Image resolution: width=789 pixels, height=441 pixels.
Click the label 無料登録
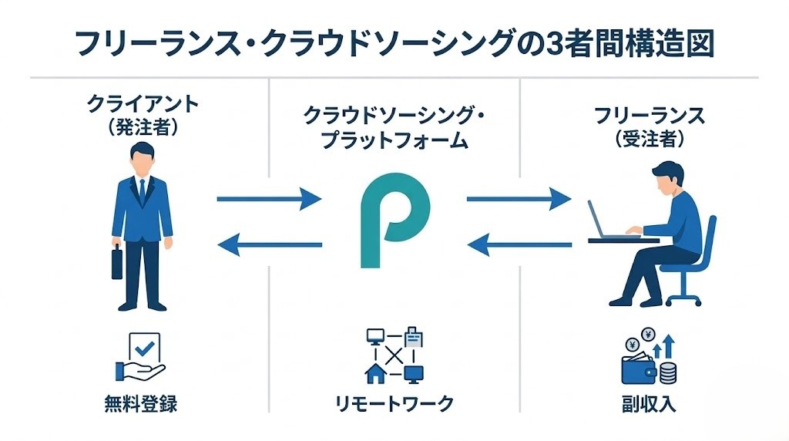140,403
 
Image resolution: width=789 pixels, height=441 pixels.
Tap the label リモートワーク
394,403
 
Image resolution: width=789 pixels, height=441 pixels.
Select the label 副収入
649,403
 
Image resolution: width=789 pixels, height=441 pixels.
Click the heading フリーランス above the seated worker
649,116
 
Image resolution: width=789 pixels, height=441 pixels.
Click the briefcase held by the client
117,264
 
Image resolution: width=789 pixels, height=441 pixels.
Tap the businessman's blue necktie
142,190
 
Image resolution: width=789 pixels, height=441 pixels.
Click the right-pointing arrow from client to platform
269,200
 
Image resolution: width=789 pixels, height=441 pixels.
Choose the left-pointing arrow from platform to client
269,245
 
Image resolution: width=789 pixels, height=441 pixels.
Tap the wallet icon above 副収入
640,369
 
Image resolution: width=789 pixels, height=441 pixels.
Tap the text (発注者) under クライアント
142,127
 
